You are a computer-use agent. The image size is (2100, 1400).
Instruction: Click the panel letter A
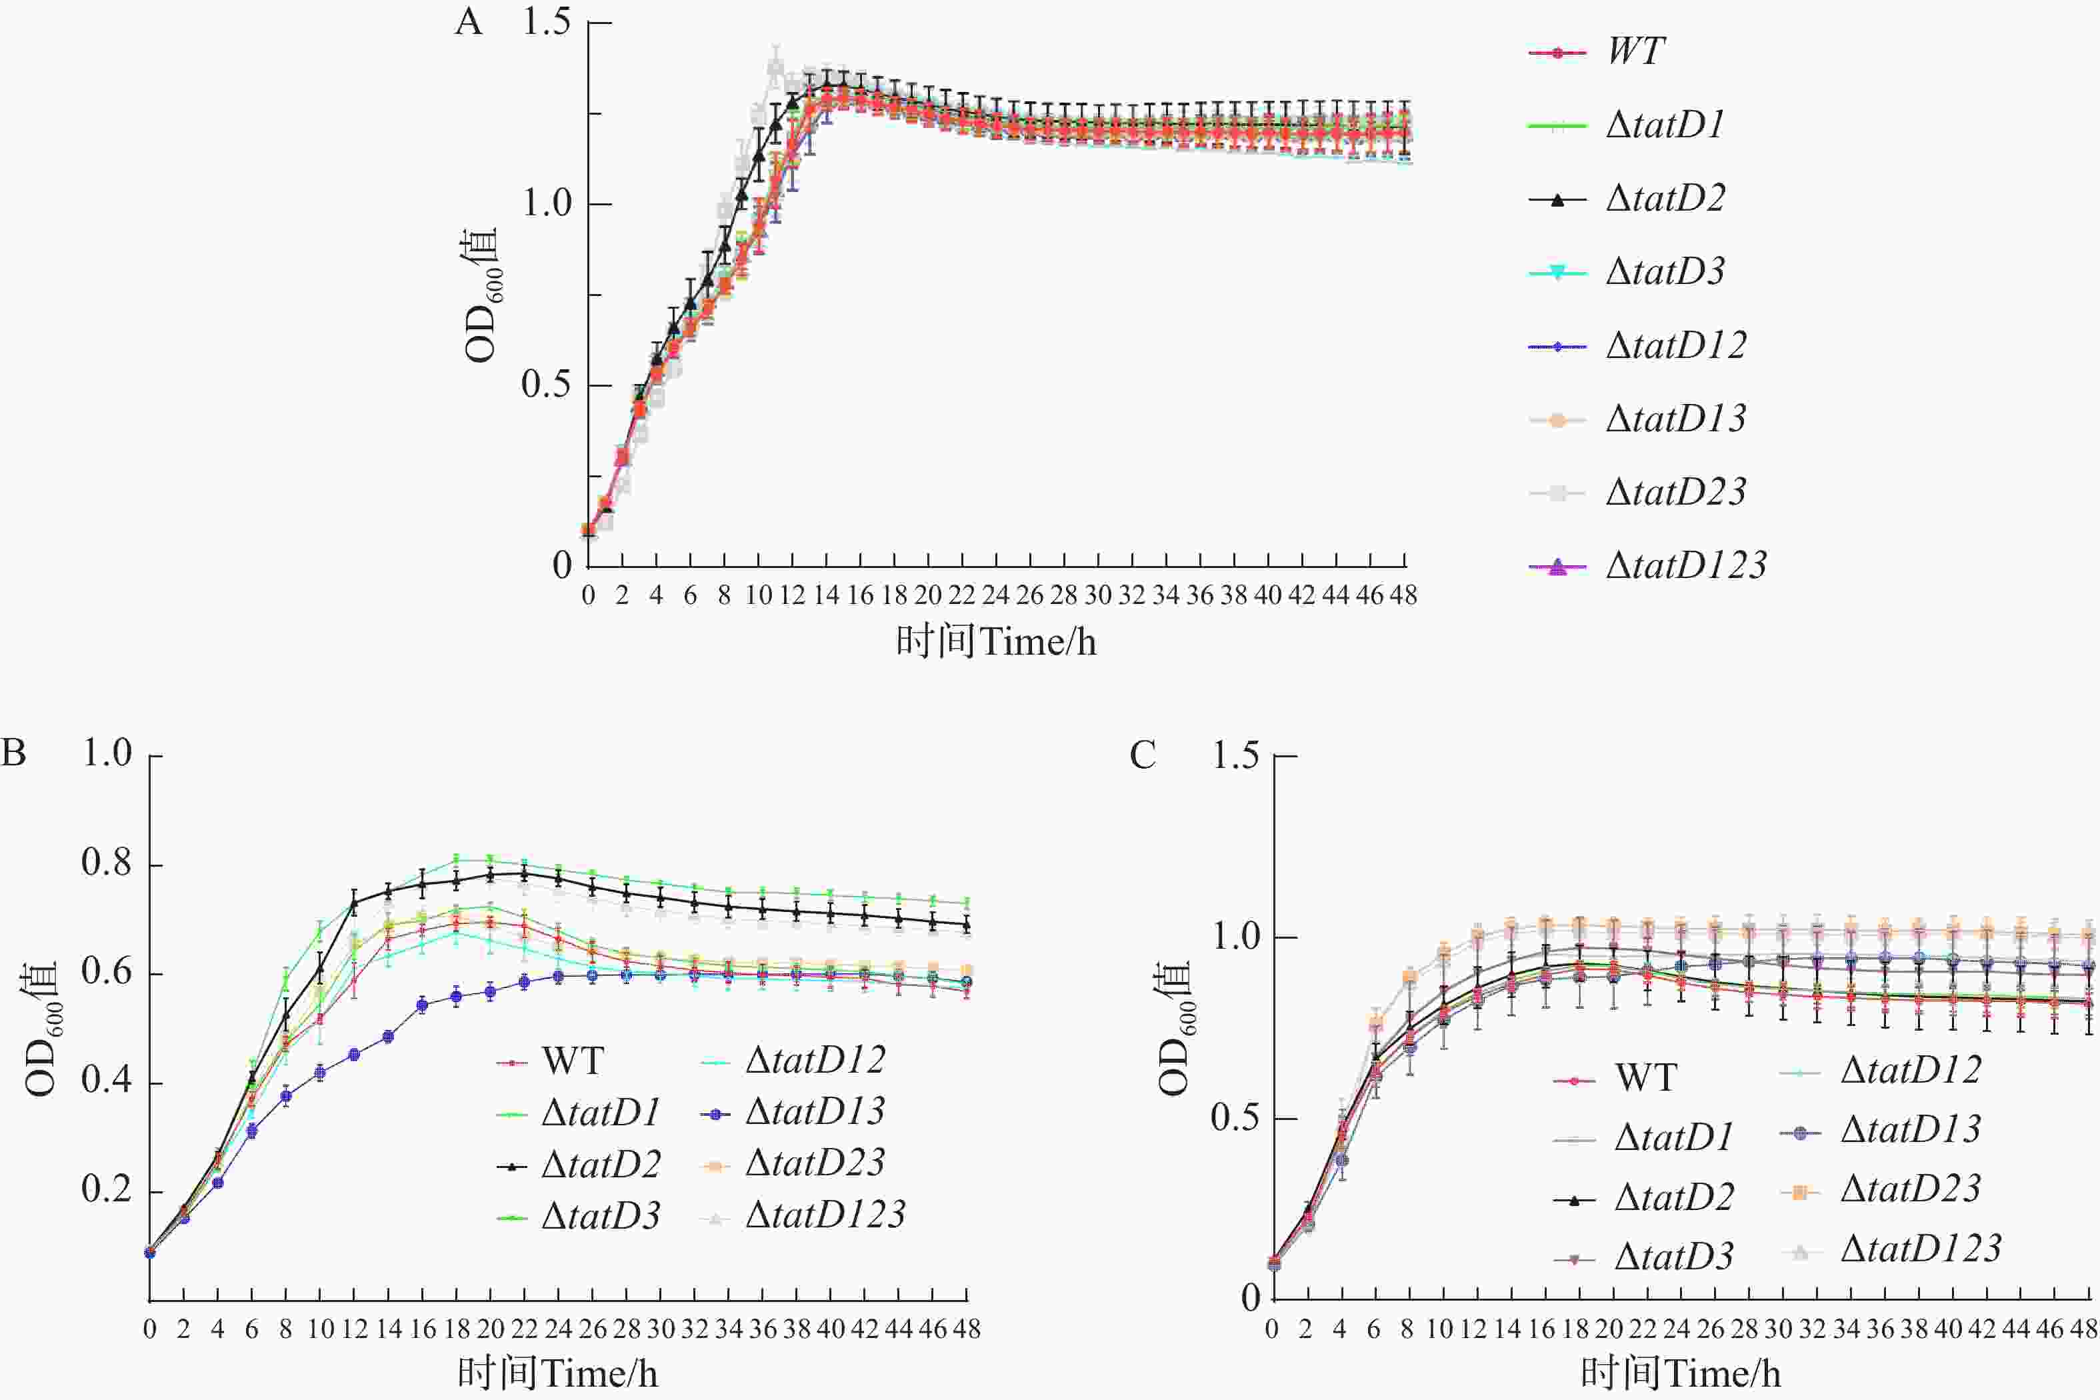(469, 22)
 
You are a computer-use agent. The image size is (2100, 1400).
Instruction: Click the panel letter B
(13, 753)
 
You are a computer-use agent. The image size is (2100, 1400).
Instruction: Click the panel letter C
(1143, 755)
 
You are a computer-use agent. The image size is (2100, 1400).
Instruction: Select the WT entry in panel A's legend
(1636, 51)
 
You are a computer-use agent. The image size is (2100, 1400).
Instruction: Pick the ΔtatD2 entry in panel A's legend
(1665, 198)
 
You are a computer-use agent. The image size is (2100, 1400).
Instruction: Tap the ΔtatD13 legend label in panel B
(814, 1111)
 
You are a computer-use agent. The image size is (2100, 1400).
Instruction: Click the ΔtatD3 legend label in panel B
(600, 1216)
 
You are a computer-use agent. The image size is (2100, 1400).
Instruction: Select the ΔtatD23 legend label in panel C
(1911, 1189)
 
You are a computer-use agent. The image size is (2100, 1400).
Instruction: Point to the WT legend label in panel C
(1645, 1078)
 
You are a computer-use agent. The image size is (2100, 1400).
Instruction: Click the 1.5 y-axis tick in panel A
(547, 21)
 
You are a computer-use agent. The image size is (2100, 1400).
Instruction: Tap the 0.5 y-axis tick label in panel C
(1236, 1118)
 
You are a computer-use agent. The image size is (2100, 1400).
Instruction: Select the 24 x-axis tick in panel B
(558, 1329)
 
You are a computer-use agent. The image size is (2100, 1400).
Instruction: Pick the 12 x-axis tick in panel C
(1473, 1329)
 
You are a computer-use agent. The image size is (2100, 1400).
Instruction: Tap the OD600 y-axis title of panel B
(41, 1027)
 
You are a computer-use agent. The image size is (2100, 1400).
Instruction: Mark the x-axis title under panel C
(1681, 1373)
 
